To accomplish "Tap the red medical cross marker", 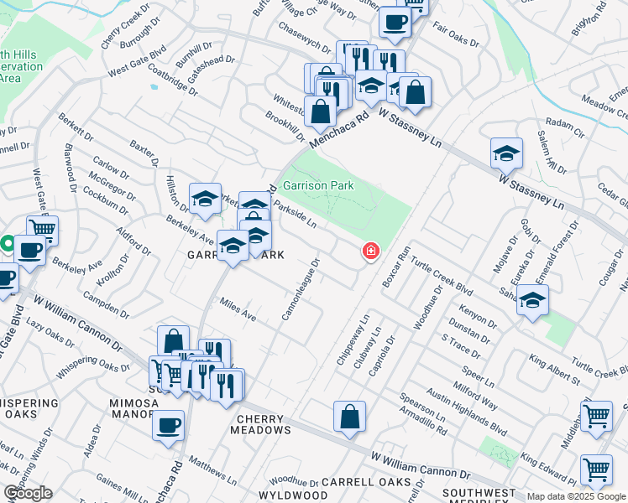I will [369, 251].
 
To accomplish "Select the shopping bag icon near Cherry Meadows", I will [349, 417].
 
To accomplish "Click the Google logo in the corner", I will [28, 493].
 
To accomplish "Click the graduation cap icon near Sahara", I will [532, 301].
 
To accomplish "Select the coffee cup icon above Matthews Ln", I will [169, 424].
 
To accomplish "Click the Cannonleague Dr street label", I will [301, 290].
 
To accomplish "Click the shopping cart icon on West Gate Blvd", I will [41, 228].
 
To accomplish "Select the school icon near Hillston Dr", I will [205, 199].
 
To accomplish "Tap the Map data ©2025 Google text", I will [577, 496].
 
